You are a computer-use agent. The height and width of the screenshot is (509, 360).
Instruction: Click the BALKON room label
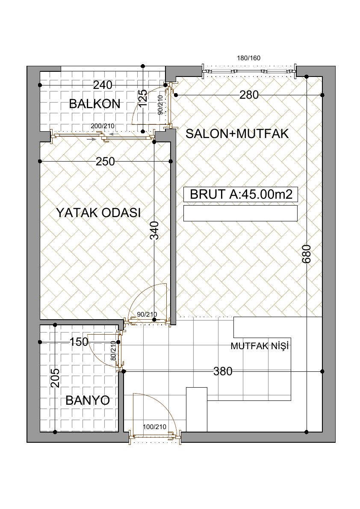point(95,104)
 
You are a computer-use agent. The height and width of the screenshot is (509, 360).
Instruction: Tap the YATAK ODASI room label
point(98,213)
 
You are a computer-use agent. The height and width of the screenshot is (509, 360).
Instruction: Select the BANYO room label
point(88,400)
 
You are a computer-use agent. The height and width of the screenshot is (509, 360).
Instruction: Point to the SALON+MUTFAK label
point(237,134)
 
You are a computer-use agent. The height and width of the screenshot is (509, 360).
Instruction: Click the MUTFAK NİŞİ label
point(260,346)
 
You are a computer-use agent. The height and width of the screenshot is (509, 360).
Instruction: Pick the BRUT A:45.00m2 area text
point(241,194)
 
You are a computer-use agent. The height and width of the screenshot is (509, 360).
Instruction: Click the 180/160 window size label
point(249,59)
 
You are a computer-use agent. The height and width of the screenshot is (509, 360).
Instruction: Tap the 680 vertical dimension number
point(307,254)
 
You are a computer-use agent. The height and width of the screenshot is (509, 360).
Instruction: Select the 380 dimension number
point(223,371)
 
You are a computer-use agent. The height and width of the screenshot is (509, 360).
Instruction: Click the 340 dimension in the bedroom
point(155,230)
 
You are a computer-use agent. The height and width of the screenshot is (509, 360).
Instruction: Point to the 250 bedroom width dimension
point(106,162)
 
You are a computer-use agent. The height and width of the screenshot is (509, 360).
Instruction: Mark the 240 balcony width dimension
point(103,85)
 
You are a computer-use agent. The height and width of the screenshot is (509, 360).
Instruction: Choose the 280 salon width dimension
point(249,95)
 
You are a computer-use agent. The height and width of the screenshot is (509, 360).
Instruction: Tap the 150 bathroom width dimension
point(79,342)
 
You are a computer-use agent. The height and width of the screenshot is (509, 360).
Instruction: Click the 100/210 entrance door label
point(154,427)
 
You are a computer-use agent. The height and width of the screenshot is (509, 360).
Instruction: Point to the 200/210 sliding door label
point(103,126)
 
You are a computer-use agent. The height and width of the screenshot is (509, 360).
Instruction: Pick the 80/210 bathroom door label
point(113,351)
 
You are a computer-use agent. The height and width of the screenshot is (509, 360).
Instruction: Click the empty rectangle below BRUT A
point(241,213)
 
